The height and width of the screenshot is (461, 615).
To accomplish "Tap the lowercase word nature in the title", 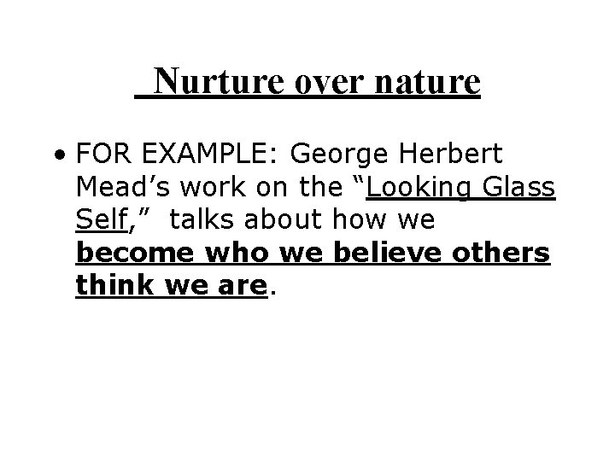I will coord(426,83).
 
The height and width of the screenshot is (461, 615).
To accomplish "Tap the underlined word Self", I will coord(101,219).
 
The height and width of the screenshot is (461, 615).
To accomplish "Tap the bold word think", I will coord(108,284).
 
